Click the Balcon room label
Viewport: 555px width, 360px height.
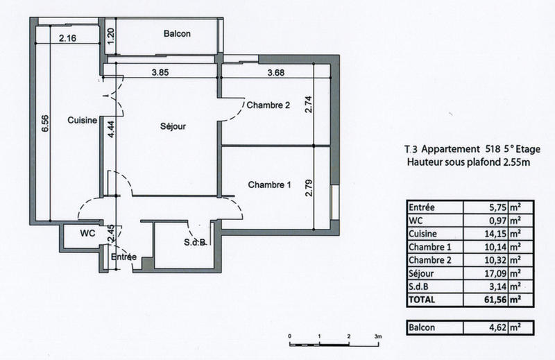click(177, 34)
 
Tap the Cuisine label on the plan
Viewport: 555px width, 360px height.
click(81, 120)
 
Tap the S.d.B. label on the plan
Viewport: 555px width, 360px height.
click(194, 242)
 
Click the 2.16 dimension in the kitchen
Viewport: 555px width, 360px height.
click(67, 38)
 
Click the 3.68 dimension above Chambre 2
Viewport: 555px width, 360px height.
click(277, 72)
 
